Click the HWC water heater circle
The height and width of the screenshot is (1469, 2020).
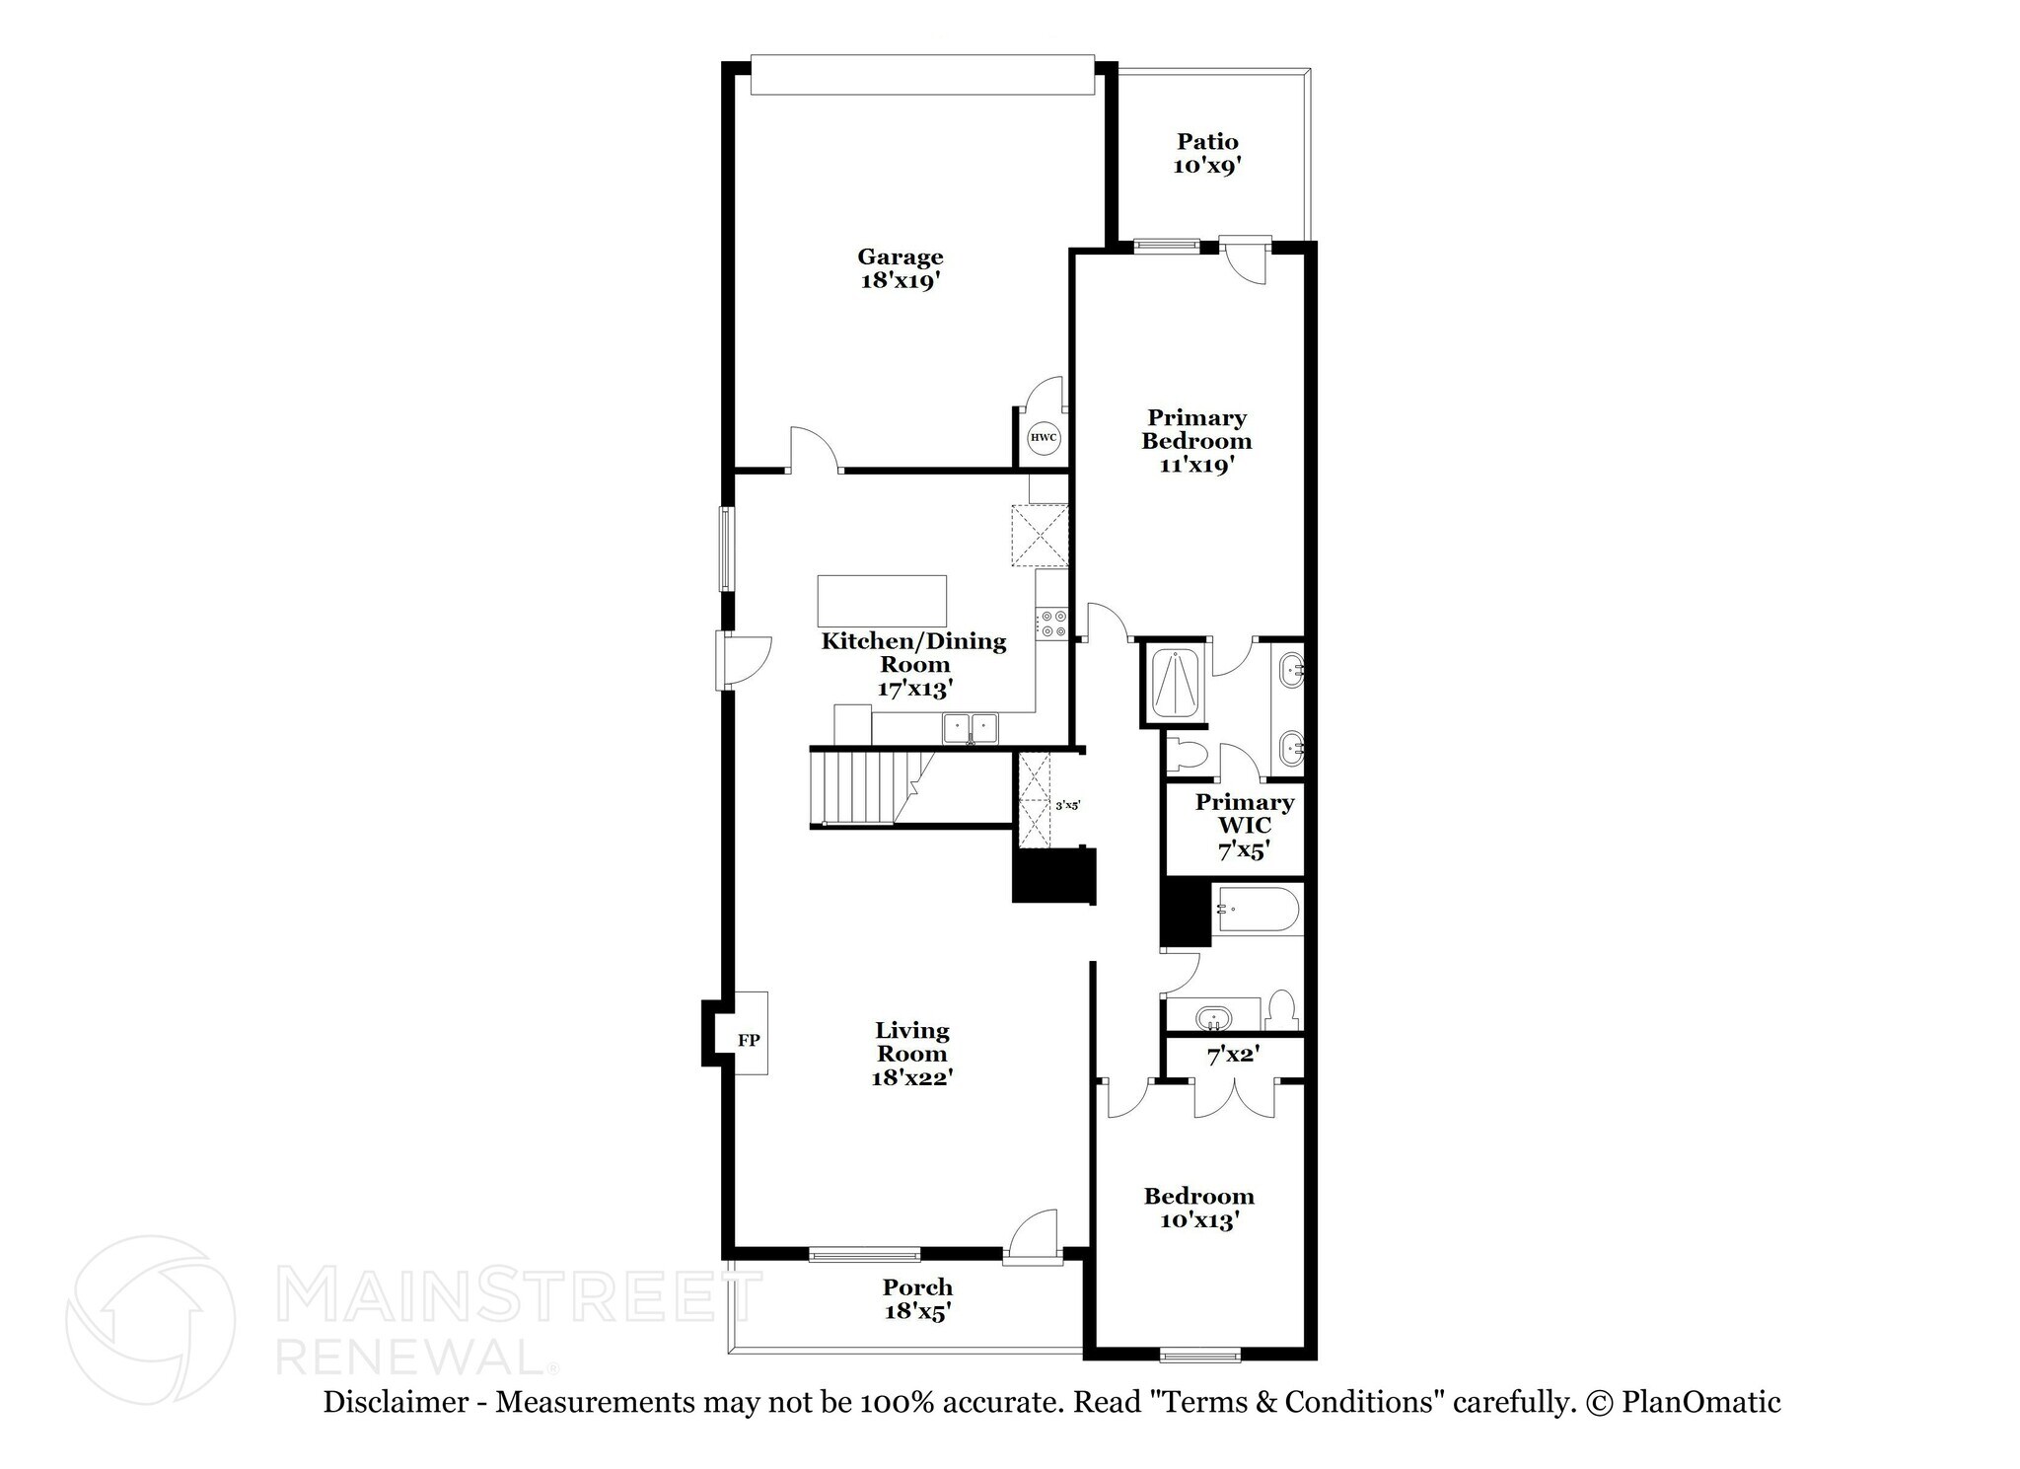click(x=1044, y=438)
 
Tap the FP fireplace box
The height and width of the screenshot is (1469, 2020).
click(x=750, y=1040)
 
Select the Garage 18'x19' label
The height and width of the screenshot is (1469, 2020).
click(x=900, y=268)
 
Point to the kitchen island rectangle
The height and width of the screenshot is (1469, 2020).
click(x=882, y=601)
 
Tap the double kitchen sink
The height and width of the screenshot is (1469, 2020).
click(x=971, y=729)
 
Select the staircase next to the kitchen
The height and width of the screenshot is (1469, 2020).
click(x=868, y=786)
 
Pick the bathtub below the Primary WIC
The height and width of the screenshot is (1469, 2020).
click(x=1257, y=909)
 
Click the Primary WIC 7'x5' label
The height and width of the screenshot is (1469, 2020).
click(x=1244, y=827)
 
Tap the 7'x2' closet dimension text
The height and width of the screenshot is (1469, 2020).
click(x=1233, y=1056)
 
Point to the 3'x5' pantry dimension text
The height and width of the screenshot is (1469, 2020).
click(x=1068, y=806)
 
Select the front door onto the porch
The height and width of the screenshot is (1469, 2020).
click(x=1032, y=1238)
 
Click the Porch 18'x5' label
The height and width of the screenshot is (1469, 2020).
click(x=917, y=1299)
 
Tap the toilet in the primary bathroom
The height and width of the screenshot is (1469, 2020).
click(x=1187, y=754)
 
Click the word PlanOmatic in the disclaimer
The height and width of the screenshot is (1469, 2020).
click(x=1700, y=1402)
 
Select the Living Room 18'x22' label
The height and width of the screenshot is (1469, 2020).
click(x=911, y=1055)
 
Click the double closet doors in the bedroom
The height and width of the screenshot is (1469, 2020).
click(x=1234, y=1099)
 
